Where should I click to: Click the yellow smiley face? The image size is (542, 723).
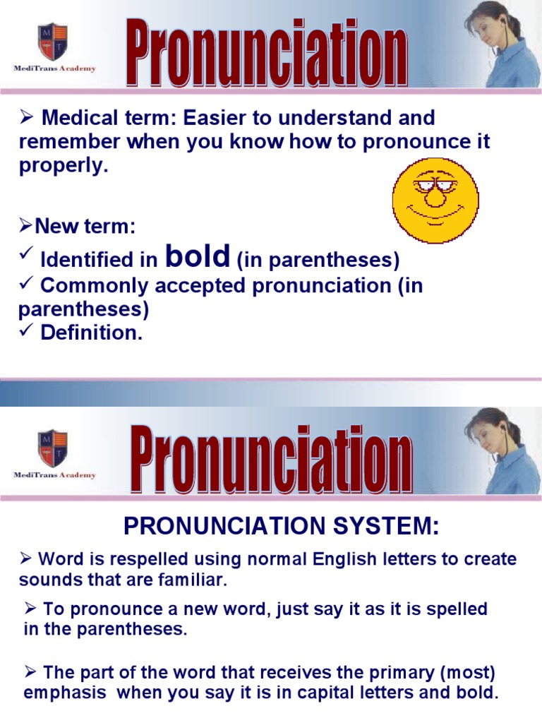coord(435,201)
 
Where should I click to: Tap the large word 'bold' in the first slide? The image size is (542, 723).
coord(197,257)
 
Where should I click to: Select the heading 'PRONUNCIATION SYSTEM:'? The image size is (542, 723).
coord(281,526)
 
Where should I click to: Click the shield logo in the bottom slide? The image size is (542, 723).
coord(54,446)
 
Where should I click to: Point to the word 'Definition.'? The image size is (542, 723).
coord(92,333)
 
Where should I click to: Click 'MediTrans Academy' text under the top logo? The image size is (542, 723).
coord(54,69)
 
